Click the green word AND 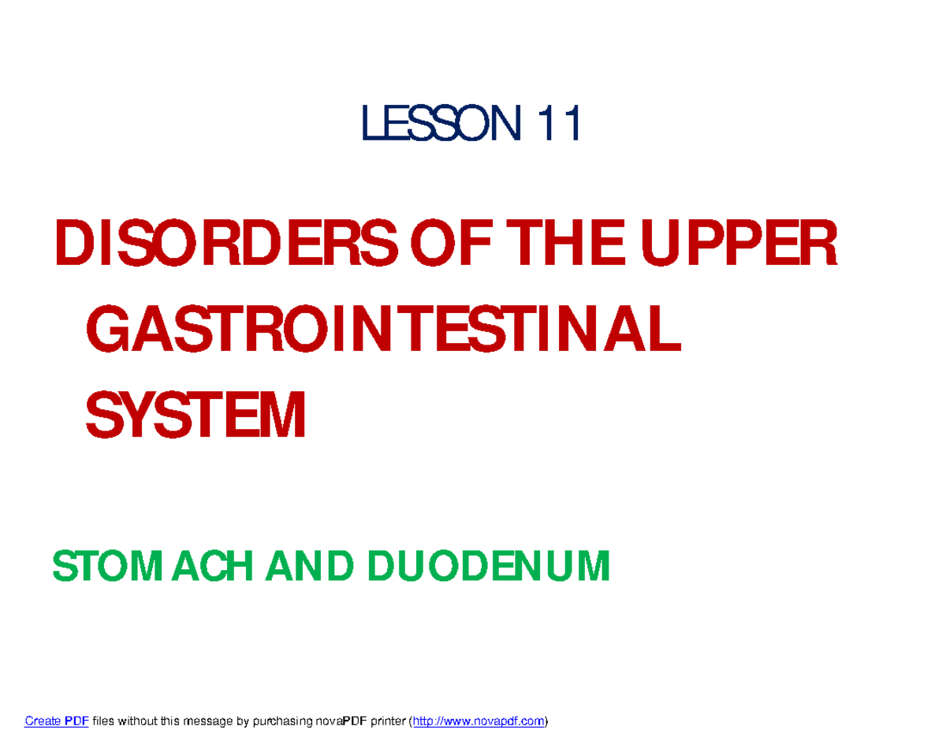click(300, 566)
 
